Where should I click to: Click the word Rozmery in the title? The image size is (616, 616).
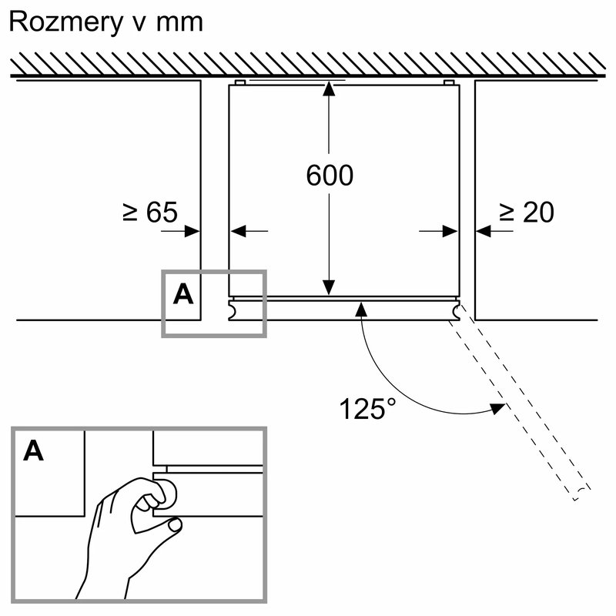(x=64, y=22)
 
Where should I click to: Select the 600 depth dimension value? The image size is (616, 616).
(x=330, y=176)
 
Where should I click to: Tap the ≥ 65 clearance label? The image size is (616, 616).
(x=149, y=212)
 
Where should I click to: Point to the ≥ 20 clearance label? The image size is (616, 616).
(x=526, y=212)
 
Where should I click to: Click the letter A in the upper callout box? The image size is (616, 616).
(x=183, y=293)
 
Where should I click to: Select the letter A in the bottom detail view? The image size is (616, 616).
(x=33, y=451)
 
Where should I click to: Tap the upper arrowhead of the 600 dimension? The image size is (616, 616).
(x=330, y=88)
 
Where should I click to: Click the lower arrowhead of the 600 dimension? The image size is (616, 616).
(x=330, y=289)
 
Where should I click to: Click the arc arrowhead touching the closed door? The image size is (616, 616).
(x=360, y=309)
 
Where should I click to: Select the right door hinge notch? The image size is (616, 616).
(x=458, y=310)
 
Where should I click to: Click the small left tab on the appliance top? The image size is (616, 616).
(x=239, y=82)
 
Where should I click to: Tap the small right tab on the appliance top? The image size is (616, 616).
(x=449, y=82)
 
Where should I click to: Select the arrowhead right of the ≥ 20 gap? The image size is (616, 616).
(x=484, y=230)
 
